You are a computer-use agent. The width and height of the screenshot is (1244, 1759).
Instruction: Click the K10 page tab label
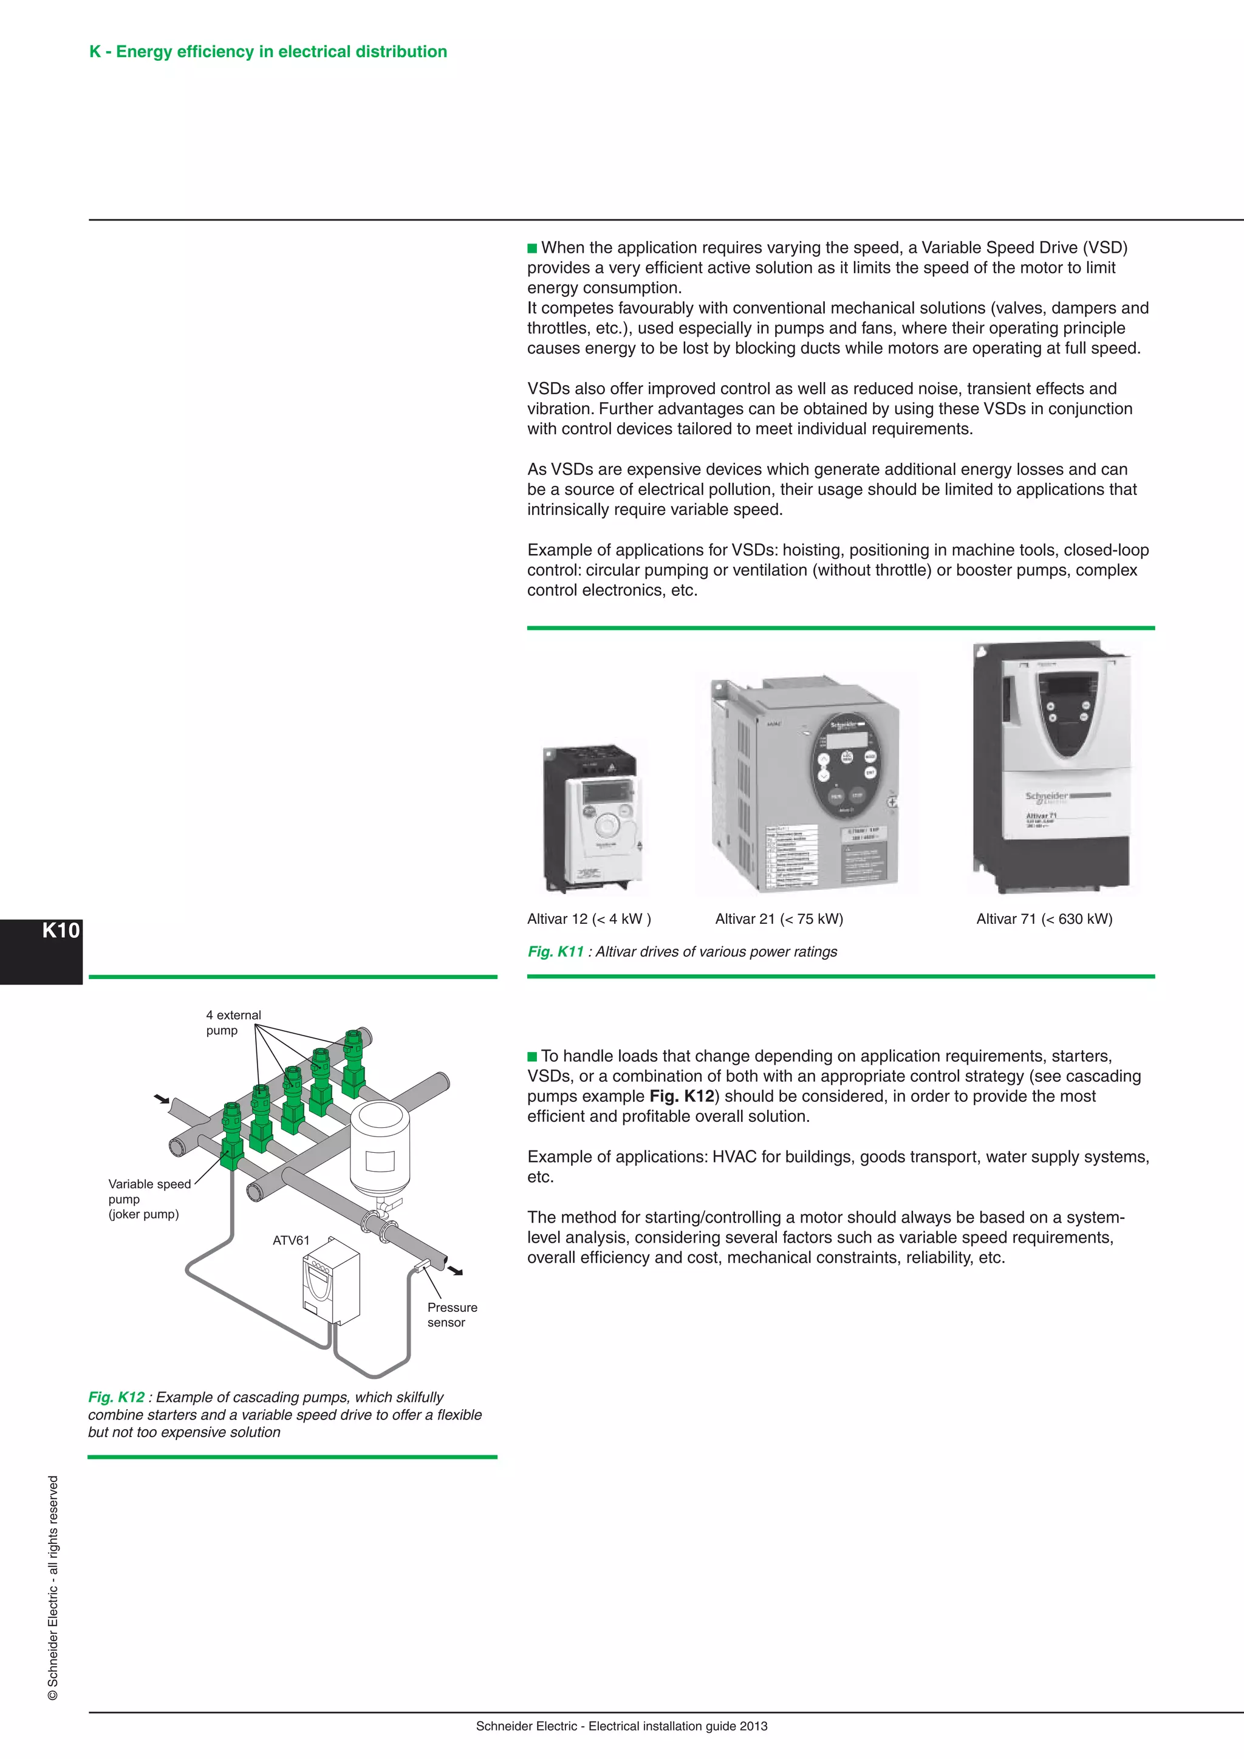(61, 931)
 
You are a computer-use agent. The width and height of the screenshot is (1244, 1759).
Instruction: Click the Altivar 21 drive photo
(804, 785)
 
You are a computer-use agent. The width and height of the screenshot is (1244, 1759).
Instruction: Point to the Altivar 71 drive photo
(1051, 768)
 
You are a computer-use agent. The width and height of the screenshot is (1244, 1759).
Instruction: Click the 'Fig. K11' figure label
(555, 952)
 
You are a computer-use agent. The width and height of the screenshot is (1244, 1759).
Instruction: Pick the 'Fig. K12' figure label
(115, 1396)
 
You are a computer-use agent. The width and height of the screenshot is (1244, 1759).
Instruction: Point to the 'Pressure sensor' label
(451, 1314)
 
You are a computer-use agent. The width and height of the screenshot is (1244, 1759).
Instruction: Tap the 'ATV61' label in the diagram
(291, 1240)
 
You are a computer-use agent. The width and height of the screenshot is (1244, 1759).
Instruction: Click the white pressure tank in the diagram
(380, 1149)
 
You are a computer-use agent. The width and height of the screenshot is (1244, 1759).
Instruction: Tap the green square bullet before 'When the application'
(532, 248)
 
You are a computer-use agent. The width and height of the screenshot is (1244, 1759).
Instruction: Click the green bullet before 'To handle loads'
(532, 1056)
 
